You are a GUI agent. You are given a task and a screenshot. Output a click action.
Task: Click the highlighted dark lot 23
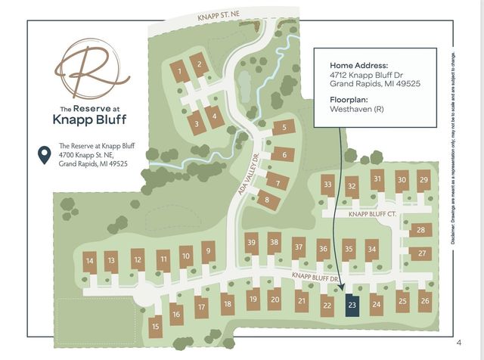[352, 306]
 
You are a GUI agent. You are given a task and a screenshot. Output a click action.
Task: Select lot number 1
[179, 72]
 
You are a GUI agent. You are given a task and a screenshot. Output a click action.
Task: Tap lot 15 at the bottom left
[156, 327]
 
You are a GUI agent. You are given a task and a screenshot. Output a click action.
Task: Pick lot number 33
[327, 184]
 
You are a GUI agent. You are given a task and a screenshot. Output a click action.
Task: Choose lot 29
[423, 180]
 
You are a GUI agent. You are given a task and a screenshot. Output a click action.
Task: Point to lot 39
[252, 242]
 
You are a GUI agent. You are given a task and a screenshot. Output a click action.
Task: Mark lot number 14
[90, 261]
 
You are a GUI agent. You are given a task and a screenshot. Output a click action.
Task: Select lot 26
[424, 301]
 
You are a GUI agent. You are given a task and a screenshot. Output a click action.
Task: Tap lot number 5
[284, 127]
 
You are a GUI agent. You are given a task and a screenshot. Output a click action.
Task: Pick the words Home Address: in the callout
[358, 65]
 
